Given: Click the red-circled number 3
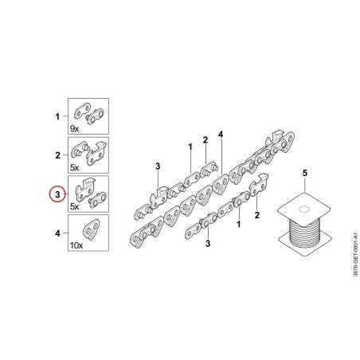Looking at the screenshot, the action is click(x=57, y=194).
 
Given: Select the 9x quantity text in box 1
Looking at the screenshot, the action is click(x=74, y=129).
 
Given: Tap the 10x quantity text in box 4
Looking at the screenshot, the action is click(x=76, y=245).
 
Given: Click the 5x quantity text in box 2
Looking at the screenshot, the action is click(x=74, y=168).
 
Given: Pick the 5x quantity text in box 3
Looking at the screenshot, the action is click(x=74, y=206).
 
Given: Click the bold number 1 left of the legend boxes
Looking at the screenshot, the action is click(x=57, y=116).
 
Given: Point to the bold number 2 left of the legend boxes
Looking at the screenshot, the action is click(x=57, y=155).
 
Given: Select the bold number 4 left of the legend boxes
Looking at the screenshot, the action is click(x=57, y=233).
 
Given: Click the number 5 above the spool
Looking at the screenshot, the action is click(x=305, y=173).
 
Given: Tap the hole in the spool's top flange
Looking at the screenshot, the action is click(x=304, y=209).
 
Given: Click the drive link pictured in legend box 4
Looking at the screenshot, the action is click(x=92, y=229).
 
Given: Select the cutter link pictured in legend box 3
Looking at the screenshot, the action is click(x=85, y=190).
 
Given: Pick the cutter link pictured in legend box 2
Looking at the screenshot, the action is click(x=96, y=153).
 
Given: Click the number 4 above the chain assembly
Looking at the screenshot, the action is click(x=221, y=135).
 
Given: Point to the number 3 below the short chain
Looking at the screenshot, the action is click(x=208, y=243).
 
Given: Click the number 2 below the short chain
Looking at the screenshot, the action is click(x=256, y=215).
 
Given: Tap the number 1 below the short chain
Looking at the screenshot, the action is click(x=238, y=225).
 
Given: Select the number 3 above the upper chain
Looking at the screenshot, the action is click(x=158, y=166).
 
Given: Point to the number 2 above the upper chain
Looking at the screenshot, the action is click(x=205, y=140).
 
